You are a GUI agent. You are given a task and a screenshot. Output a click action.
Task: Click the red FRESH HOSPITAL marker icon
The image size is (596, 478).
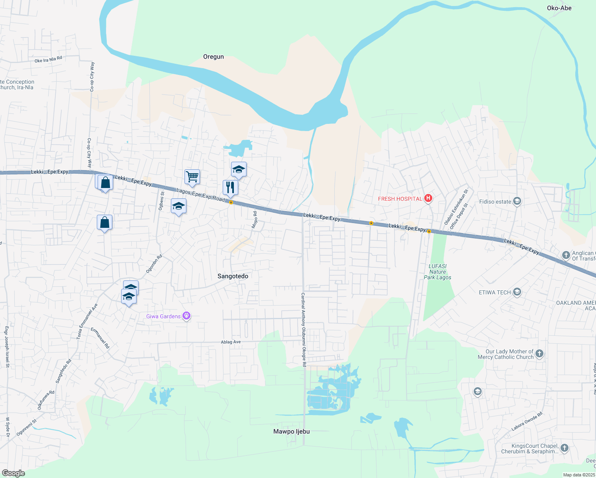(428, 198)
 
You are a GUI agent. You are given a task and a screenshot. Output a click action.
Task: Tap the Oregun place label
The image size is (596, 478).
(214, 57)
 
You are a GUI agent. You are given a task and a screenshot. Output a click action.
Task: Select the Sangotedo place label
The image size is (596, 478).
(233, 276)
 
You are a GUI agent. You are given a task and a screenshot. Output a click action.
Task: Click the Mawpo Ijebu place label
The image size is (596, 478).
(291, 431)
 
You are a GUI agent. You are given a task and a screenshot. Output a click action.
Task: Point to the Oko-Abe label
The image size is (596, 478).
(559, 8)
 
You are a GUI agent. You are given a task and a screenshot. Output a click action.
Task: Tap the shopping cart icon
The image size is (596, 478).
(192, 176)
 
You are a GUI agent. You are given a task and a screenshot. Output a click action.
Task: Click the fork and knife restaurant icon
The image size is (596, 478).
(230, 187)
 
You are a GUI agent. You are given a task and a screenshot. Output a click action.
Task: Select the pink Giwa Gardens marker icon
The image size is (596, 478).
(186, 316)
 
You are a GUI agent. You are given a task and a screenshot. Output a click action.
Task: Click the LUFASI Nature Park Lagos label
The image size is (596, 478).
(437, 272)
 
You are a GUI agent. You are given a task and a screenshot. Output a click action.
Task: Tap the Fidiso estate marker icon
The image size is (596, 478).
(517, 201)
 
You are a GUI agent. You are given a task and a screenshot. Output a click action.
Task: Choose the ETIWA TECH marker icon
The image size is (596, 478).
(517, 292)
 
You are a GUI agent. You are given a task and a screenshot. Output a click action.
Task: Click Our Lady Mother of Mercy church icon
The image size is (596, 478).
(539, 354)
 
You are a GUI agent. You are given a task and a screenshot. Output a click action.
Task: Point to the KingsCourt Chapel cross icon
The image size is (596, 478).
(564, 448)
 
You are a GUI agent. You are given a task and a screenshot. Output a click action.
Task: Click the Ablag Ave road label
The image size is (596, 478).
(231, 342)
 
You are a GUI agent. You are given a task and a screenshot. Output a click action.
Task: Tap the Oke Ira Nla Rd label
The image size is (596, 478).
(48, 60)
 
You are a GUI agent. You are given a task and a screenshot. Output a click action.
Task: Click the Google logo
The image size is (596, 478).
(13, 473)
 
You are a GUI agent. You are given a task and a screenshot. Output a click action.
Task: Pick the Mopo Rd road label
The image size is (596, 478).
(254, 220)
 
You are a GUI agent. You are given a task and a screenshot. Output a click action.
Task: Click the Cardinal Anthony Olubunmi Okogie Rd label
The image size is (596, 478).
(303, 329)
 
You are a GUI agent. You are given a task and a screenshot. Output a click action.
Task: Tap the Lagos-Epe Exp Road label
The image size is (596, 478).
(200, 195)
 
